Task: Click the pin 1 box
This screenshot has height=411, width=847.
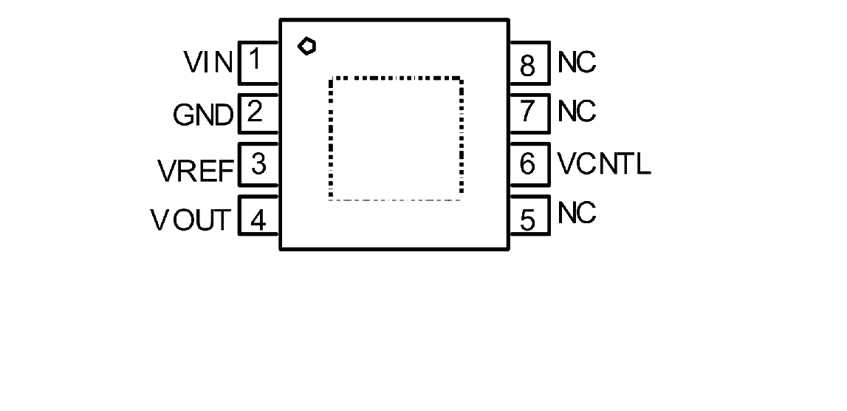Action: click(258, 61)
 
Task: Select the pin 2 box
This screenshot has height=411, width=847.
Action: click(258, 113)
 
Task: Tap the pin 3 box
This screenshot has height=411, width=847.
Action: click(258, 165)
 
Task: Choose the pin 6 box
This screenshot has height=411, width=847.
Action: click(529, 163)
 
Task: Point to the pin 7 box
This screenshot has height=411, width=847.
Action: click(529, 112)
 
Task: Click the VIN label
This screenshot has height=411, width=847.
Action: click(209, 63)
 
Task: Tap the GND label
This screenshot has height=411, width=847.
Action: click(203, 115)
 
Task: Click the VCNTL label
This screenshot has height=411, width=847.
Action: click(604, 163)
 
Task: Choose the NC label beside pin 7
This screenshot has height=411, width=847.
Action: click(577, 112)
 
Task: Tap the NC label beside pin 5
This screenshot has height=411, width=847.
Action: click(577, 214)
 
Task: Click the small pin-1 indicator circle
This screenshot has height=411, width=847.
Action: click(306, 47)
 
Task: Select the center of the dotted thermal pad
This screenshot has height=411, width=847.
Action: click(396, 137)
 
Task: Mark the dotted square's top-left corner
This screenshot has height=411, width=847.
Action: click(330, 78)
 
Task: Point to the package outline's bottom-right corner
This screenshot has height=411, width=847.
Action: click(508, 251)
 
